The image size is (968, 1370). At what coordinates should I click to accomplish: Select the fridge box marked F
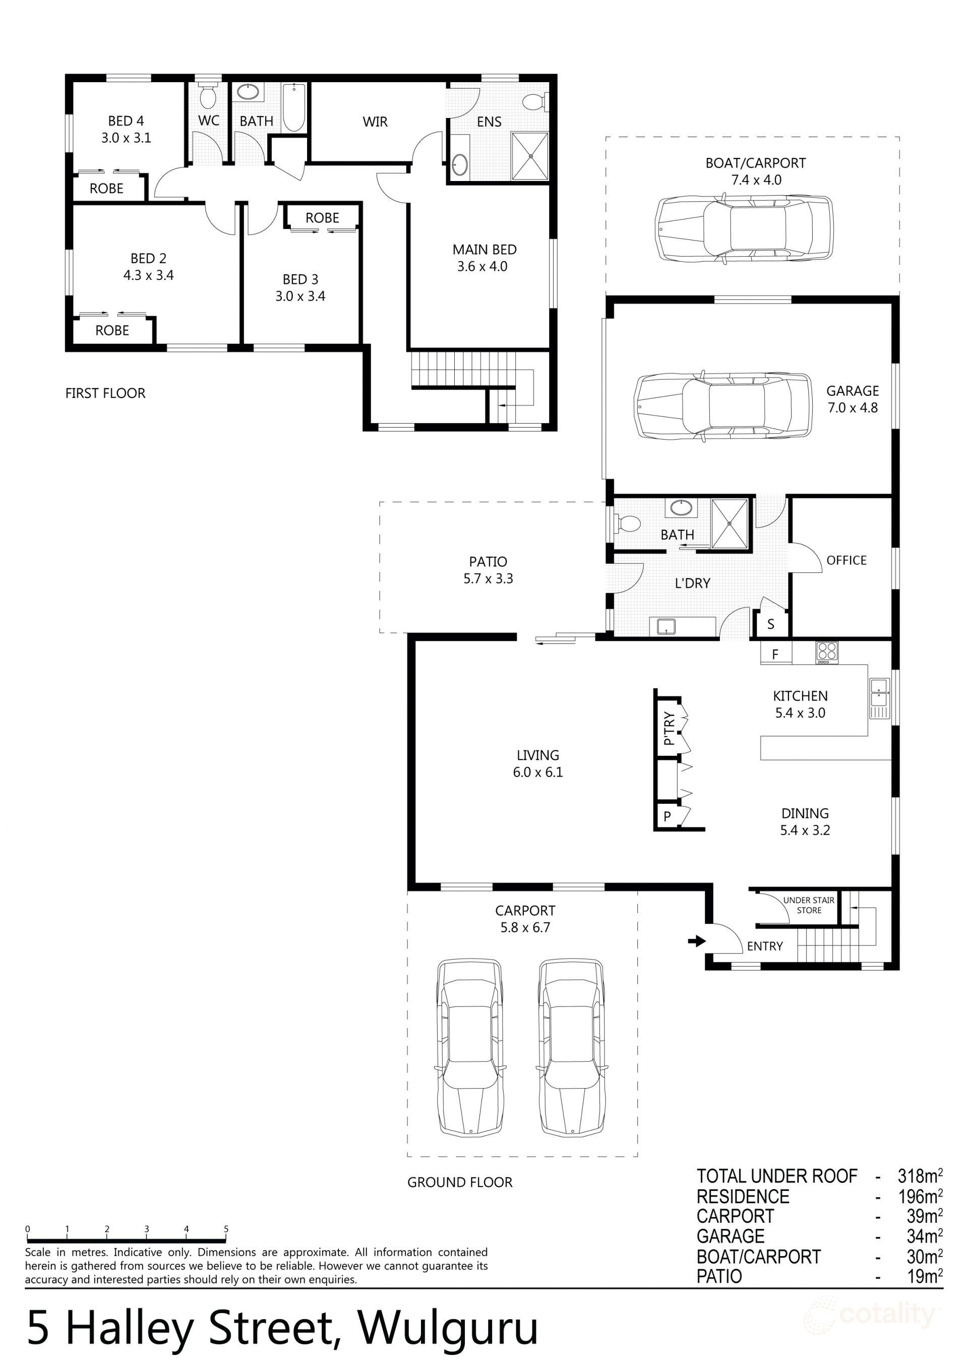click(x=775, y=654)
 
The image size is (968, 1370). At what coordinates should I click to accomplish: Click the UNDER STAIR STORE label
click(x=809, y=905)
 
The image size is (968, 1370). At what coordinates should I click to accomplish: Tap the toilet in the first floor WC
click(x=208, y=97)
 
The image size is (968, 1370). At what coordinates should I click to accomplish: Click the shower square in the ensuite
click(x=529, y=155)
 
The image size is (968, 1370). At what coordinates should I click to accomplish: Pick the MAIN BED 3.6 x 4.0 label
click(x=484, y=258)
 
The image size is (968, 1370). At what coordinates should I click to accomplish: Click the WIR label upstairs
click(x=375, y=122)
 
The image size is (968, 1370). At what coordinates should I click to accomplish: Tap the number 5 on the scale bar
click(x=226, y=1229)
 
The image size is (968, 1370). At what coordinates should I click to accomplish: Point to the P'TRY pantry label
click(x=669, y=729)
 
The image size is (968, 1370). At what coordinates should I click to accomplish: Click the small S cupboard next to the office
click(x=770, y=624)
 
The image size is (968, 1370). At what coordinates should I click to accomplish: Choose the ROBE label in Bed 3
click(x=322, y=218)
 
